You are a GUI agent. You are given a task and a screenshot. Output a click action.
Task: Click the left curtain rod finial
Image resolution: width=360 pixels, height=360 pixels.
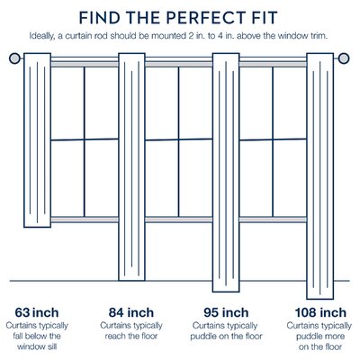[x=14, y=58]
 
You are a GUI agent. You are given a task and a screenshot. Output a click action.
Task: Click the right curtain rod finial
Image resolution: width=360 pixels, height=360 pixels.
[x=344, y=58]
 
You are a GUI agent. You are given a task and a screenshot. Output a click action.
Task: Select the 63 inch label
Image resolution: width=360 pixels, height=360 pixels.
[x=37, y=312]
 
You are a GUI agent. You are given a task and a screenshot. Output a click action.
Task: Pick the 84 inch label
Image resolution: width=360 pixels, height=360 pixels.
[x=131, y=312]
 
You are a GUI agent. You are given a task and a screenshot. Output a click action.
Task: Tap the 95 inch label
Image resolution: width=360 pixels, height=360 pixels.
[x=226, y=312]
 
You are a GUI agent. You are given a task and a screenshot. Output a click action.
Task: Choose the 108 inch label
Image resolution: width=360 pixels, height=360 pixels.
[x=320, y=312]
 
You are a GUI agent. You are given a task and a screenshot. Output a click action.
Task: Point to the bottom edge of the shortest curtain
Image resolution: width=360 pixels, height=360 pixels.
[x=37, y=227]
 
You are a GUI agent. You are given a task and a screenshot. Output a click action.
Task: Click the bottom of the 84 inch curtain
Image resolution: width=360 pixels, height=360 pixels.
[x=131, y=280]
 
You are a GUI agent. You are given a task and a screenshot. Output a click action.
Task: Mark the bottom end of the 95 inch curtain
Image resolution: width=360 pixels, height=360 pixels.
[x=226, y=292]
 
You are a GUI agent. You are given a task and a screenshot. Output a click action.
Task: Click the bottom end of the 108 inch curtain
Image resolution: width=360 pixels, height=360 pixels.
[x=320, y=299]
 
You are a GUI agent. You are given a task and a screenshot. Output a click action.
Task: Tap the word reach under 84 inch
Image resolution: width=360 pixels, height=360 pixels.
[x=115, y=337]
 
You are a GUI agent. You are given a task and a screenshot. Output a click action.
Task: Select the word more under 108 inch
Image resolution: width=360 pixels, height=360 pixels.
[x=333, y=337]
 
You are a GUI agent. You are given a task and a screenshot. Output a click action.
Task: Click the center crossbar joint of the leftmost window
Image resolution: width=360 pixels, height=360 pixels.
[x=85, y=139]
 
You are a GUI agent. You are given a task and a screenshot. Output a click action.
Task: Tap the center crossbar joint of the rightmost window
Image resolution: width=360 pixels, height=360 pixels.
[x=273, y=139]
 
